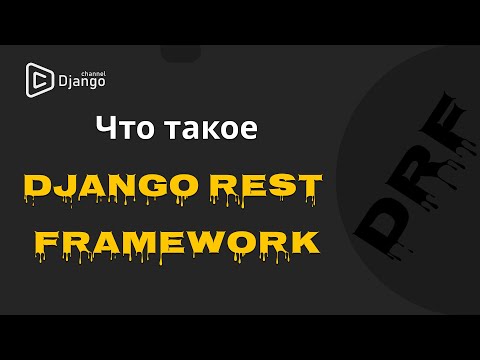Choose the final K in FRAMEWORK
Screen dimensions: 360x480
click(x=306, y=241)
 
